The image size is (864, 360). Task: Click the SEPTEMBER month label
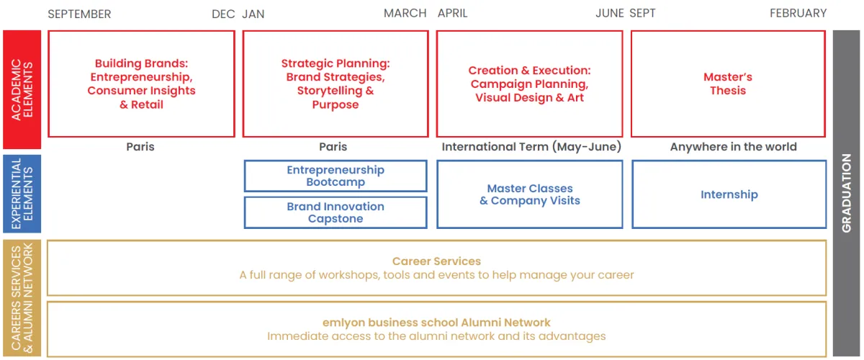79,14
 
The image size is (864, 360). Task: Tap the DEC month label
224,14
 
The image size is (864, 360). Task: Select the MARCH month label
405,14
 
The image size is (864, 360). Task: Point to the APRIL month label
453,14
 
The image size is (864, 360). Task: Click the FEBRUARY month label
798,14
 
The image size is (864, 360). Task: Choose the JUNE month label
610,14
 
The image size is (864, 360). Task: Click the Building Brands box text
141,84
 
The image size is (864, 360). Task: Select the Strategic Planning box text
335,84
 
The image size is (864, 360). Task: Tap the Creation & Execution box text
529,84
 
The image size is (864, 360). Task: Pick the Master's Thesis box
728,84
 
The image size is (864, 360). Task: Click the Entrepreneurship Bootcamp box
336,176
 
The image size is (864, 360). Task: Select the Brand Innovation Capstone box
336,212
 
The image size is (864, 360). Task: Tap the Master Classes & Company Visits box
530,194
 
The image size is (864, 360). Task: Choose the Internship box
729,194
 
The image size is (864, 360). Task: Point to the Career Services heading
436,261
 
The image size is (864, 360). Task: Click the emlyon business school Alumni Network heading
436,323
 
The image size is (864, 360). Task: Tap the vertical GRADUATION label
846,193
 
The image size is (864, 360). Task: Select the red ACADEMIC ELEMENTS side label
22,90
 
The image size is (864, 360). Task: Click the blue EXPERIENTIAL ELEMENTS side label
22,194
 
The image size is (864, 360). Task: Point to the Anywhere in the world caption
733,147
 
